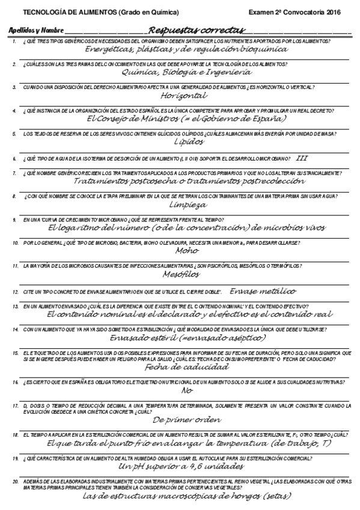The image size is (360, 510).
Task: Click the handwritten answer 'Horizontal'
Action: coord(185,95)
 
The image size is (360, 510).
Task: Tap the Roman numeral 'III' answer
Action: coord(302,158)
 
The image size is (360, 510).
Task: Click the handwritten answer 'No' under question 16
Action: coord(186,390)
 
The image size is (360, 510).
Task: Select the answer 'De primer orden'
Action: coord(188,419)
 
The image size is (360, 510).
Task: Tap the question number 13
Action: coord(15,307)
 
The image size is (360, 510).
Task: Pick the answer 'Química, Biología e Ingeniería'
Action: coord(186,72)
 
